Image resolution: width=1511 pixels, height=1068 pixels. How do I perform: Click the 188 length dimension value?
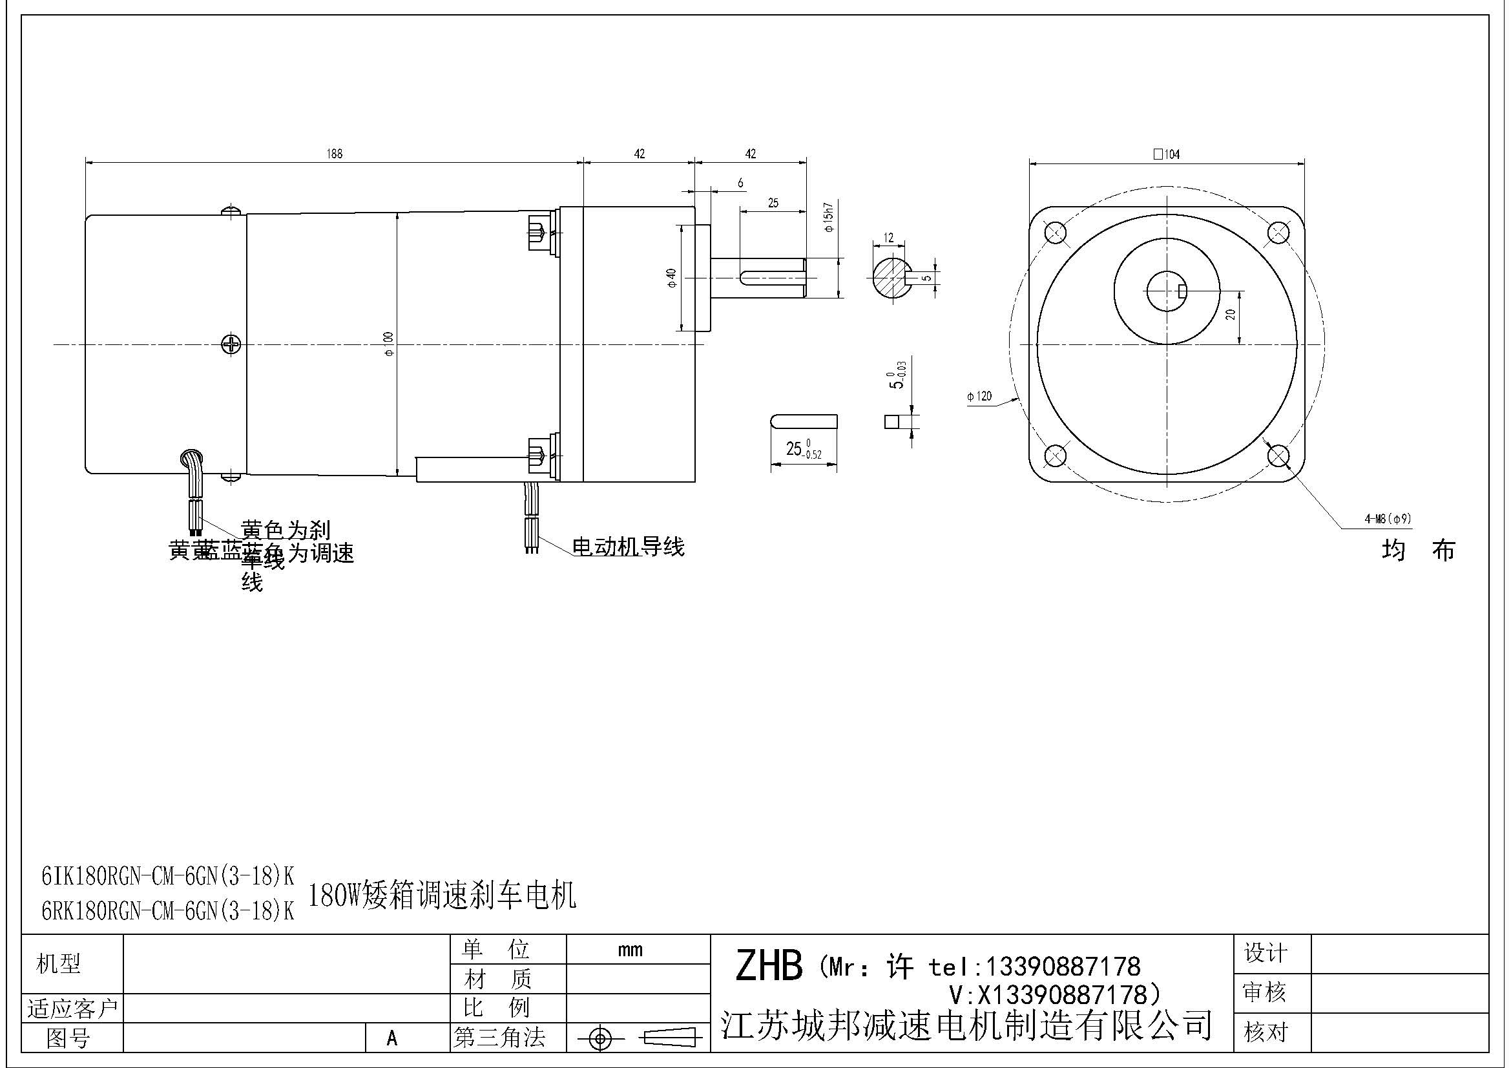tap(335, 154)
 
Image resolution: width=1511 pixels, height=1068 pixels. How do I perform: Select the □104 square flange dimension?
tap(1166, 154)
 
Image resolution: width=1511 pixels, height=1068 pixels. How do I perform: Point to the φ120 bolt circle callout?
tap(979, 396)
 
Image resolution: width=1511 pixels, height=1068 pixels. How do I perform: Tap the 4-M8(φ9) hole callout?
tap(1387, 519)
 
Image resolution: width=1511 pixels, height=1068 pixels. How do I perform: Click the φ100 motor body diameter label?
tap(388, 344)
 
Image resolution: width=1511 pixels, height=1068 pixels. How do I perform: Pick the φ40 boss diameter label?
tap(672, 278)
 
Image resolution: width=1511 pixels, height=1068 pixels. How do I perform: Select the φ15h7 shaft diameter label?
tap(829, 217)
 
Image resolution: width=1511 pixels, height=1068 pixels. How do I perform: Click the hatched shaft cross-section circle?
tap(890, 278)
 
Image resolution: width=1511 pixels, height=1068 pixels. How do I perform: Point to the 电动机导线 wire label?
tap(628, 547)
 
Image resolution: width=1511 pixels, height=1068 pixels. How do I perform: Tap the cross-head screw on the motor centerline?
tap(231, 344)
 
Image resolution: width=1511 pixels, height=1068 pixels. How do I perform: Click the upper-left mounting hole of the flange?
tap(1055, 233)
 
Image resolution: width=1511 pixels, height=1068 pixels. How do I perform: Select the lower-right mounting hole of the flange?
tap(1278, 455)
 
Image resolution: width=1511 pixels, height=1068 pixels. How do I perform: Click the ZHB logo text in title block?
tap(768, 966)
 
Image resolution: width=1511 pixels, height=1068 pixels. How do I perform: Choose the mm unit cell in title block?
tap(630, 950)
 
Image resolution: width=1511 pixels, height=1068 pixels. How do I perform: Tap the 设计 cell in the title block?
tap(1264, 953)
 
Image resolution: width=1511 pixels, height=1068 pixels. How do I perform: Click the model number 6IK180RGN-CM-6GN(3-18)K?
tap(168, 876)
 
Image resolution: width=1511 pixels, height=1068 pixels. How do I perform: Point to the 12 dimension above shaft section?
tap(888, 238)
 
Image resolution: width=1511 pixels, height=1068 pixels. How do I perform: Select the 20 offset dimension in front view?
tap(1231, 315)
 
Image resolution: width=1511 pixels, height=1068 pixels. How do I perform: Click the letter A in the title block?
tap(391, 1038)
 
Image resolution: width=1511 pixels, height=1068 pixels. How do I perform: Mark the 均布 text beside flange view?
tap(1418, 550)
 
